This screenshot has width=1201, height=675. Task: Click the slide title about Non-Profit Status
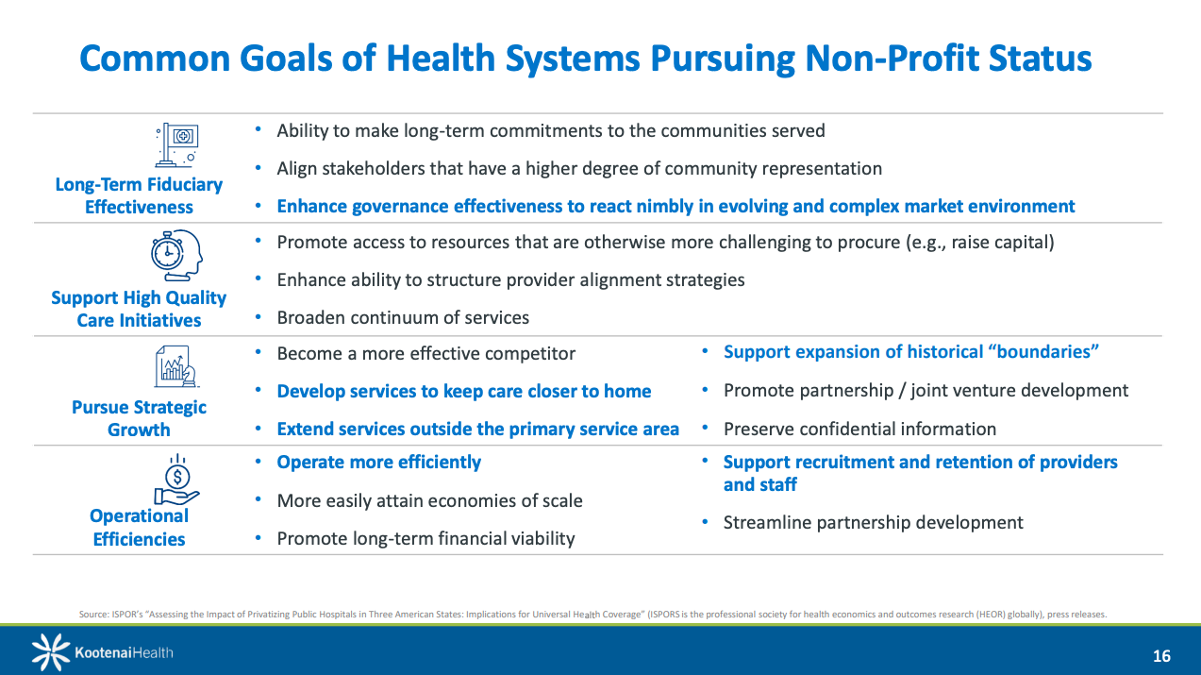pyautogui.click(x=586, y=59)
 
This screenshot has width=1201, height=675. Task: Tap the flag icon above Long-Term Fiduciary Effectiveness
pyautogui.click(x=176, y=144)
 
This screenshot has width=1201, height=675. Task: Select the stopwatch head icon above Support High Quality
pyautogui.click(x=176, y=256)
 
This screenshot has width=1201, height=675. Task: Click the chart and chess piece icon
pyautogui.click(x=176, y=366)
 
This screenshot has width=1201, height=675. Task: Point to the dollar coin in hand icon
pyautogui.click(x=176, y=480)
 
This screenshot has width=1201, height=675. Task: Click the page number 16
pyautogui.click(x=1161, y=656)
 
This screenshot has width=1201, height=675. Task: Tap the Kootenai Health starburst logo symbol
pyautogui.click(x=50, y=652)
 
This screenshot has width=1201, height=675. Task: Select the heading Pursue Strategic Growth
pyautogui.click(x=139, y=418)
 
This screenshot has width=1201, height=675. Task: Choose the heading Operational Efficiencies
pyautogui.click(x=139, y=528)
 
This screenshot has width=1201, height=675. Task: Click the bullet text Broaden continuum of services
pyautogui.click(x=403, y=317)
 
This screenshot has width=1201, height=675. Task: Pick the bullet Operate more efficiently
pyautogui.click(x=378, y=463)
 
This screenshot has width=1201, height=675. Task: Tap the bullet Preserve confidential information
pyautogui.click(x=859, y=430)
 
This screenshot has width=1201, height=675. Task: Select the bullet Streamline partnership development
pyautogui.click(x=873, y=523)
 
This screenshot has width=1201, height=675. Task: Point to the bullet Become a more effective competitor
pyautogui.click(x=425, y=354)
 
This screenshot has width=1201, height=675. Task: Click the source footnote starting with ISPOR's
pyautogui.click(x=593, y=615)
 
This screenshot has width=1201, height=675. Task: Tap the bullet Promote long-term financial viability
pyautogui.click(x=425, y=539)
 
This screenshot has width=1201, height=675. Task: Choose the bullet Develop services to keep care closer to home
pyautogui.click(x=464, y=392)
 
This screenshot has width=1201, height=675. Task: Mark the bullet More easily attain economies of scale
pyautogui.click(x=429, y=501)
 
